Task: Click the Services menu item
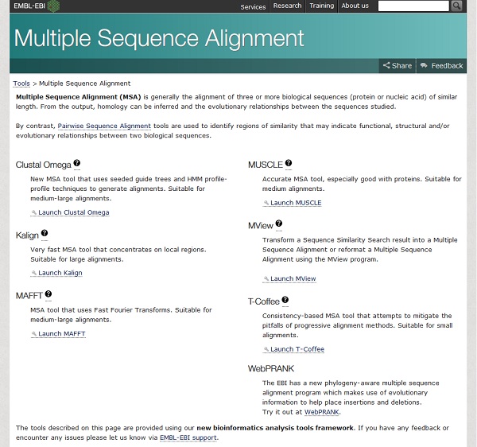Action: click(x=253, y=6)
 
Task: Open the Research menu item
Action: click(x=287, y=6)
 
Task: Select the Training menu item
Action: click(x=321, y=6)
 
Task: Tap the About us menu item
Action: click(x=355, y=6)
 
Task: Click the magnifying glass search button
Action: click(x=456, y=6)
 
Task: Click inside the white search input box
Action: click(x=413, y=6)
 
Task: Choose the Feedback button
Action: click(x=442, y=66)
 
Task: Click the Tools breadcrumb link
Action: click(x=21, y=84)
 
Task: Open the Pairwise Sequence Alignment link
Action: click(x=104, y=126)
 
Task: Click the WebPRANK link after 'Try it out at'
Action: click(x=321, y=412)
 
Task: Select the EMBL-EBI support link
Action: click(x=188, y=437)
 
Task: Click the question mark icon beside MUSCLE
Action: click(x=289, y=163)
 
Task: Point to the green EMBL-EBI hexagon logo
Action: click(x=53, y=6)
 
